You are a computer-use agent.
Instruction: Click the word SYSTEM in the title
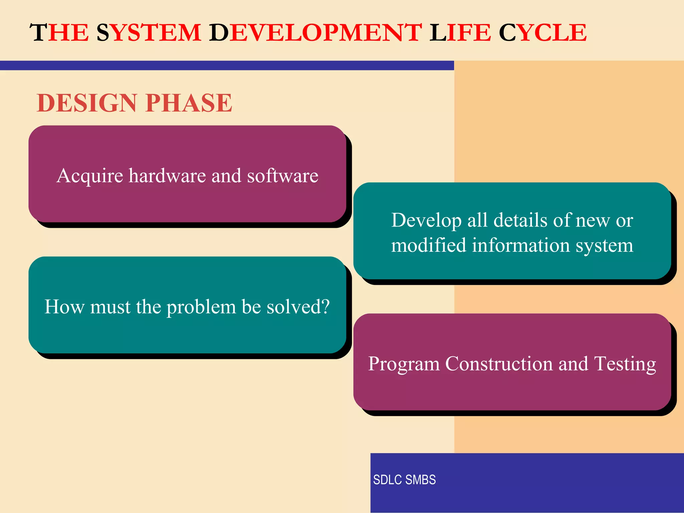click(149, 33)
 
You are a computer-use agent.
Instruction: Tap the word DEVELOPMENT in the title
click(316, 33)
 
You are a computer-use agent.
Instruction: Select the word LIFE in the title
click(460, 33)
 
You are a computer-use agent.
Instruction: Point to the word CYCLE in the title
click(543, 33)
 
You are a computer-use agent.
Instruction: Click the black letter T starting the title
click(39, 33)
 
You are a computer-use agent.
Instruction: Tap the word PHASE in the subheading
click(189, 103)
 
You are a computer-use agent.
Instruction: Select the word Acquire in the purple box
click(90, 176)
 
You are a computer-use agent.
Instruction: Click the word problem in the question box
click(201, 307)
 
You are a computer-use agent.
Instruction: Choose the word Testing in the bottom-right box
click(625, 364)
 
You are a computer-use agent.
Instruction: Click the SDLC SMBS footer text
click(404, 480)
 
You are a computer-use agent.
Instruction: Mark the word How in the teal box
click(64, 307)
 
